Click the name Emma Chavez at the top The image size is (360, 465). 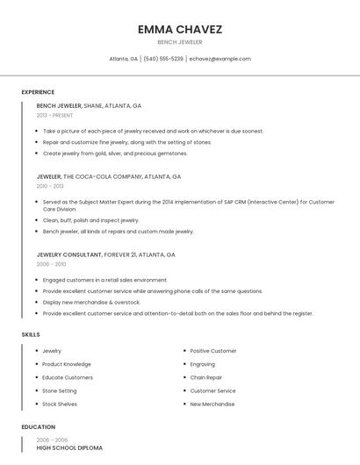(x=179, y=29)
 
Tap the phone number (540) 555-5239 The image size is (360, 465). (x=163, y=59)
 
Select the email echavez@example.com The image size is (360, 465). (x=220, y=59)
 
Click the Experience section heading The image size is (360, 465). (x=38, y=92)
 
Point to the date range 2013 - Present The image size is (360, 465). (x=54, y=115)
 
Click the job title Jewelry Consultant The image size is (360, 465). (x=70, y=254)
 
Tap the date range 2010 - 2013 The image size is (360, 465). (x=50, y=186)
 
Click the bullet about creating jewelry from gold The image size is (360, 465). (x=115, y=153)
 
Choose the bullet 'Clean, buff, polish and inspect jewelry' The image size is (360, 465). (x=90, y=220)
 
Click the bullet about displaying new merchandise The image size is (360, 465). (x=91, y=302)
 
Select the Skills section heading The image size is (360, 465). (x=31, y=334)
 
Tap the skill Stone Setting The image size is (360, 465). (x=60, y=390)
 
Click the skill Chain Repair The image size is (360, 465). (x=206, y=377)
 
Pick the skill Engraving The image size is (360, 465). (x=203, y=364)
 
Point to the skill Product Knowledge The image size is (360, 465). (x=67, y=364)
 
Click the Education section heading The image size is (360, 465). (x=38, y=426)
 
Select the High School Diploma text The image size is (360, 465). (x=69, y=448)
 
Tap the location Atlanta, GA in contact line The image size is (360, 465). (x=123, y=59)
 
